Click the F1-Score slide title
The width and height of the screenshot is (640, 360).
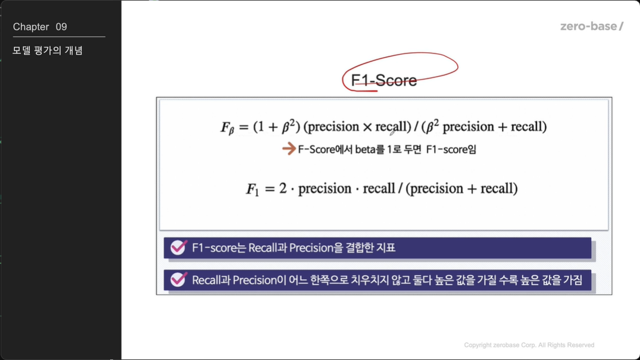click(383, 80)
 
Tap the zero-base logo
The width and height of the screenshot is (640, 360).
click(591, 27)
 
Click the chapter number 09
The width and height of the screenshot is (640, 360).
click(61, 27)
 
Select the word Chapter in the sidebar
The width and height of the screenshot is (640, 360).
click(31, 27)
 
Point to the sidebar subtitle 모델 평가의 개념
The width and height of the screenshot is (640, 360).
click(48, 51)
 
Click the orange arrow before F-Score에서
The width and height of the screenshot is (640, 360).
click(289, 149)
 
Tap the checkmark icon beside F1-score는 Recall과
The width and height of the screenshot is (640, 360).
click(179, 247)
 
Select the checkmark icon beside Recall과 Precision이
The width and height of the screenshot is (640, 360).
click(179, 280)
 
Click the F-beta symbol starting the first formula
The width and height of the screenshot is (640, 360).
click(227, 128)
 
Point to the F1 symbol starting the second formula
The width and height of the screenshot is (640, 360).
click(252, 189)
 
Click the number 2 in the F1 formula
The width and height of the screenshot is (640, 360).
click(283, 188)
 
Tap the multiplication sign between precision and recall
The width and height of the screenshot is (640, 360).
click(367, 127)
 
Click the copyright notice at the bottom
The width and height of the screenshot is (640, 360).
click(529, 345)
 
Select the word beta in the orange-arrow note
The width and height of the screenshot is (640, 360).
click(365, 149)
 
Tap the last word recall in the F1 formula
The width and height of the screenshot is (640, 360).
click(497, 188)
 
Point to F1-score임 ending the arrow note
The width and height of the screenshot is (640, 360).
click(451, 149)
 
